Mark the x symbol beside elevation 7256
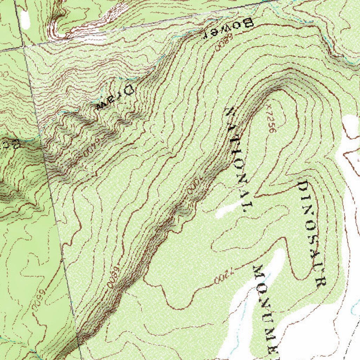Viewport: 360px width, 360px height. (x=268, y=105)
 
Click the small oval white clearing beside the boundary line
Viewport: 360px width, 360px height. (x=25, y=19)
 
